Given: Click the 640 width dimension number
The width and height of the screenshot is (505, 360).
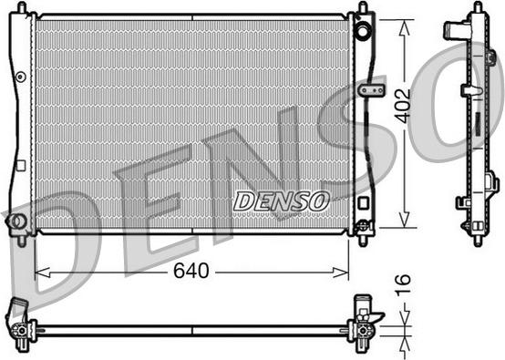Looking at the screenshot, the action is point(191,271).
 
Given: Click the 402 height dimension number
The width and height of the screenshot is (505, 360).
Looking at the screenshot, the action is point(403,106).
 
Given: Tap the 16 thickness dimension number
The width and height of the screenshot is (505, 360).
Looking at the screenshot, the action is point(403,285).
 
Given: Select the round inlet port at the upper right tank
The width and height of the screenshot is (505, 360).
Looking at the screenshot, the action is point(363,31).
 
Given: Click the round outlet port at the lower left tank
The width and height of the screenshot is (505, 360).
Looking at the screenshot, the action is point(15,221).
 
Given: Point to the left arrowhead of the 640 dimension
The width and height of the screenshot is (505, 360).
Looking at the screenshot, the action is point(42,273).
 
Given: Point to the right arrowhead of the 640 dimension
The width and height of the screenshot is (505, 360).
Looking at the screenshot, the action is point(341,273).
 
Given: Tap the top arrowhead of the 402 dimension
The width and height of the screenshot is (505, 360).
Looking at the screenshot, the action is point(404,27).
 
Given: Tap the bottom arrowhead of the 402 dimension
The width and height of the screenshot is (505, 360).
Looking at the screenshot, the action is point(404,220).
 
